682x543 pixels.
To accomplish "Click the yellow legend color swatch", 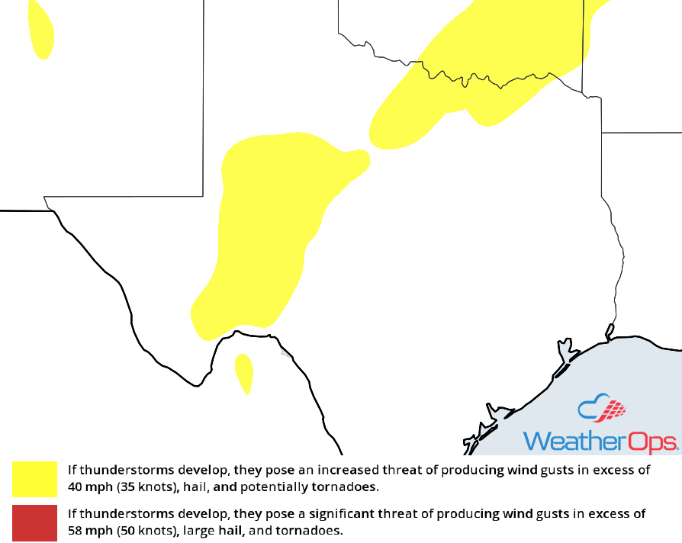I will coord(34,479).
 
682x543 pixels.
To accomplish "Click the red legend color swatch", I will coord(34,522).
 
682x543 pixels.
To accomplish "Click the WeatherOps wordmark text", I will coord(600,442).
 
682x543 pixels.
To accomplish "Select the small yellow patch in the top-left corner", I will coord(40,29).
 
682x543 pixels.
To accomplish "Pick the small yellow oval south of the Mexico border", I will coord(243,371).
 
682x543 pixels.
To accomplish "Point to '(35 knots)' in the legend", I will coord(146,487).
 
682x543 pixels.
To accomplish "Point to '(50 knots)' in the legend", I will coord(146,530).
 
